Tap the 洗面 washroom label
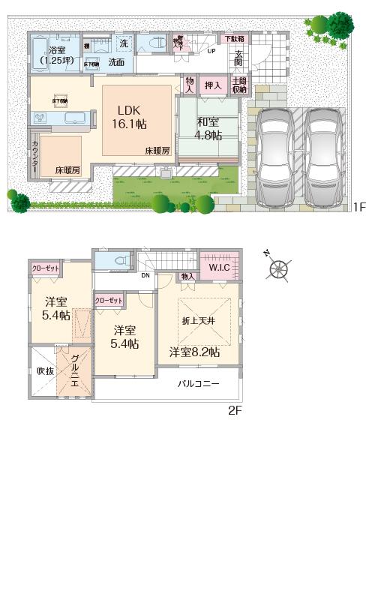(116, 62)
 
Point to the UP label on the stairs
(211, 52)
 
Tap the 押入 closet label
(212, 86)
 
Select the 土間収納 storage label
(239, 85)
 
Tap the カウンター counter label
(34, 157)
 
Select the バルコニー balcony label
(198, 383)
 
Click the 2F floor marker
(235, 410)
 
